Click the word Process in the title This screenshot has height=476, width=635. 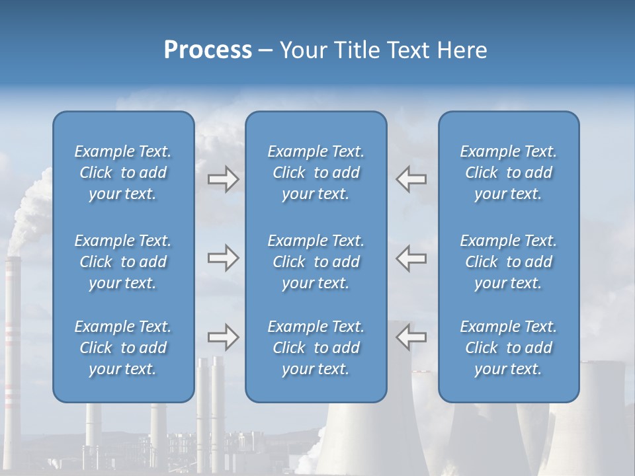pos(208,50)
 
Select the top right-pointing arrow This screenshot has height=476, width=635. pos(223,179)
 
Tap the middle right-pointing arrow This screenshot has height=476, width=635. pos(223,258)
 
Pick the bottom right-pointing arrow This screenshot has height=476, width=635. pos(223,337)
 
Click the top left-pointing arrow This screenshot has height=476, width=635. pos(411,179)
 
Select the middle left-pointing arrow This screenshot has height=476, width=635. pos(411,258)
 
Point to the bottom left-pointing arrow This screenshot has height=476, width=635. pos(411,337)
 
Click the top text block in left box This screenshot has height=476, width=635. pos(123,173)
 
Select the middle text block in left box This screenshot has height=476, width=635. pos(123,262)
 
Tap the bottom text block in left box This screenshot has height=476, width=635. pos(123,348)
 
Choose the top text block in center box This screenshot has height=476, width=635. pos(316,173)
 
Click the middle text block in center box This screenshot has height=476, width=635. pos(316,262)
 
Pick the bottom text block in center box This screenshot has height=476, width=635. pos(316,348)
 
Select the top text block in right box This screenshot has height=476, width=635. pos(508,173)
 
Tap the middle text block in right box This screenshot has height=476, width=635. pos(508,262)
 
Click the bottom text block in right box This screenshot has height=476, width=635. pos(508,348)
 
